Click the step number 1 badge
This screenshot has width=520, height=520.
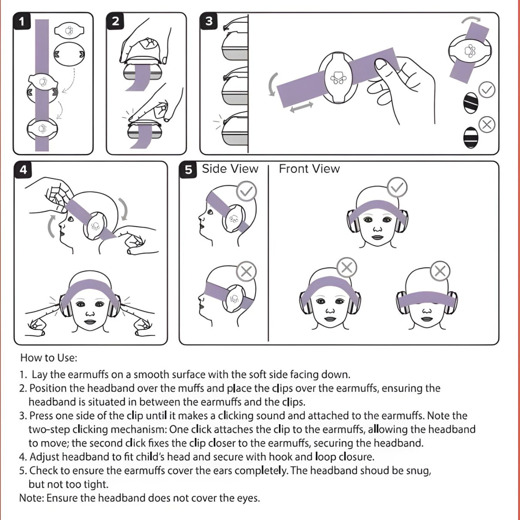22,21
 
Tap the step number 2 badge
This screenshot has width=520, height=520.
115,21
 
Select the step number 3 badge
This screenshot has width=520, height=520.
209,21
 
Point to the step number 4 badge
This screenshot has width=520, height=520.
23,169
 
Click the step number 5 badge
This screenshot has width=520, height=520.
188,170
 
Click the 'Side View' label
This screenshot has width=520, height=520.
230,169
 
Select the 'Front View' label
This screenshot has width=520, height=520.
309,169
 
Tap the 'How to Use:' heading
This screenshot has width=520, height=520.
49,358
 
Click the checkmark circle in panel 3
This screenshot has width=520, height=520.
487,90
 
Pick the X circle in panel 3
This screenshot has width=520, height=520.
487,125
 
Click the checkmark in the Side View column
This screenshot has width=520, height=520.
247,191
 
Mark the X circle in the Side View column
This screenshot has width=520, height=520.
246,272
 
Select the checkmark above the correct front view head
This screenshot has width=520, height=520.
397,187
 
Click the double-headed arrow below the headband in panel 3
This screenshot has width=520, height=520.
302,107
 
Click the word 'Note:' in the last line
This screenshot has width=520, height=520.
32,498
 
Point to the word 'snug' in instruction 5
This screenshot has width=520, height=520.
418,471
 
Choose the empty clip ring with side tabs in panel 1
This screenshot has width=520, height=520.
69,54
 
